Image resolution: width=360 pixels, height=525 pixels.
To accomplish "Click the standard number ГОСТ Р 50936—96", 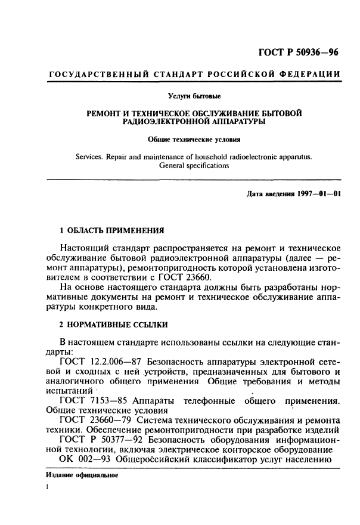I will click(298, 52).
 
